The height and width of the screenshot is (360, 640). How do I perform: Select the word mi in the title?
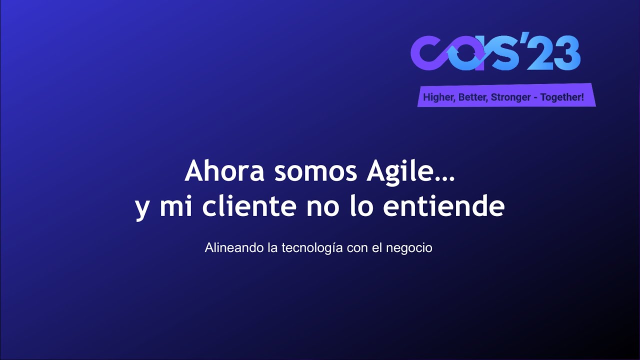[x=171, y=206]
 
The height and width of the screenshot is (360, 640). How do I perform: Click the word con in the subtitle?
[x=357, y=248]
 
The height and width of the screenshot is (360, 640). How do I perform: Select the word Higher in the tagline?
[x=438, y=97]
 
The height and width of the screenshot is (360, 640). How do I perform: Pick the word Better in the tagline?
[x=472, y=97]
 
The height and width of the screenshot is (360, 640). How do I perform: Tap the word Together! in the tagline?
[x=562, y=97]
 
